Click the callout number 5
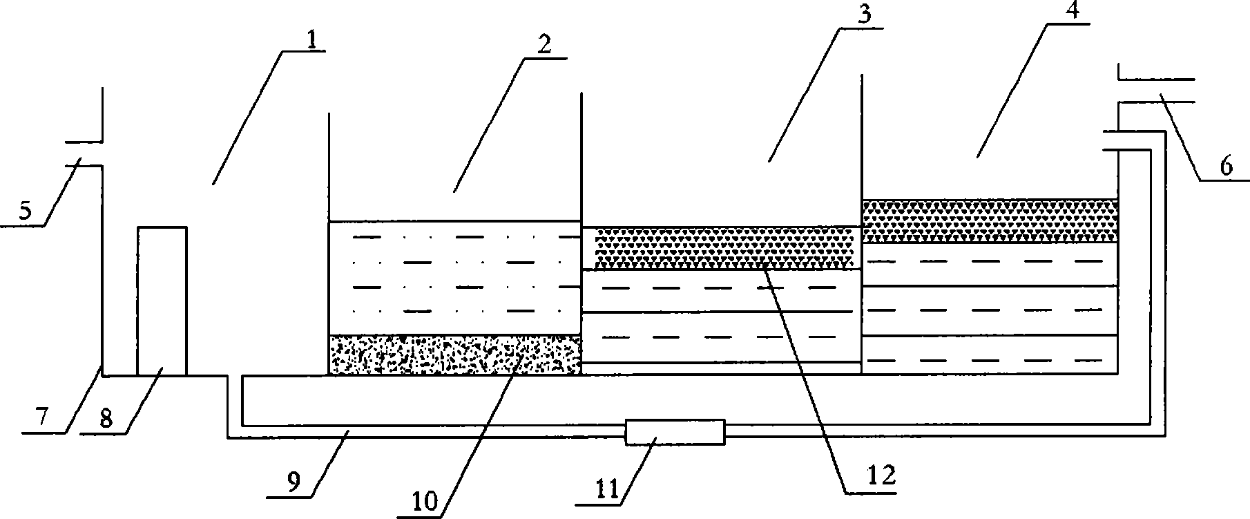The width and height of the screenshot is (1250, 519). coord(25,210)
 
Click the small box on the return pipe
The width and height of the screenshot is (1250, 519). coord(675,432)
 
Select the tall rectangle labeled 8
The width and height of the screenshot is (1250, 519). coord(162,301)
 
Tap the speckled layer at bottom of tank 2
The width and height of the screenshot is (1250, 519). coord(454,355)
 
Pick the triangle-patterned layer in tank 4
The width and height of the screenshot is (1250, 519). coord(990,221)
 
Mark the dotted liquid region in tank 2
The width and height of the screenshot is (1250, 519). coord(454,277)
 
